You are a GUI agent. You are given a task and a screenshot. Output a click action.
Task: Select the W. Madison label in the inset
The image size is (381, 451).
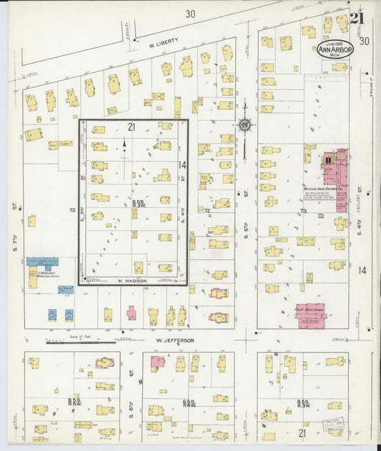tap(132, 281)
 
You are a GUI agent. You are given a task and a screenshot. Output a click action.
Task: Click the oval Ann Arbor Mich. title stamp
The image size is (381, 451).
tap(336, 48)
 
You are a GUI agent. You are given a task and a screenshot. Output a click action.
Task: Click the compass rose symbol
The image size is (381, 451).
tap(245, 125)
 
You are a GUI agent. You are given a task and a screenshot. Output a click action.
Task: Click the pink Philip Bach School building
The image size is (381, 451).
tap(312, 315)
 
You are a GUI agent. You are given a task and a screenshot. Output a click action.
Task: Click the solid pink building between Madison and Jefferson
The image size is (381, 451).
tap(132, 313)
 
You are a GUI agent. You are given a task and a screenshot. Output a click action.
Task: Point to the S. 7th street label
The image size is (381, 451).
tap(14, 207)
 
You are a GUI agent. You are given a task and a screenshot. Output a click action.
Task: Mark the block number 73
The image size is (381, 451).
tap(303, 212)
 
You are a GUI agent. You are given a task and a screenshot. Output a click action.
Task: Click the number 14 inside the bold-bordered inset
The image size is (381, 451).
tap(182, 165)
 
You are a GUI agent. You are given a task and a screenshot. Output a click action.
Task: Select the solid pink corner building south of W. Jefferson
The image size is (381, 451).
tap(157, 362)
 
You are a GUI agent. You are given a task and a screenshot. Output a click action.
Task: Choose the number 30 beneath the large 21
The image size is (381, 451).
tap(365, 41)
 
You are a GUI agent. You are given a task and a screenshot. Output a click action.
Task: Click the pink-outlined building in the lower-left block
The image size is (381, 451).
tap(105, 362)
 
